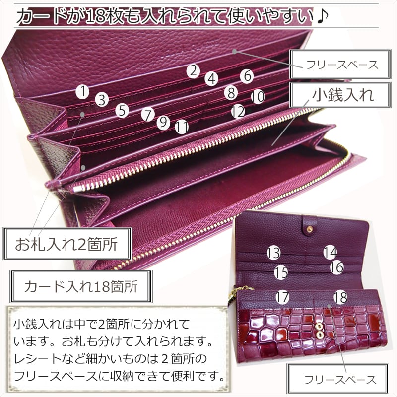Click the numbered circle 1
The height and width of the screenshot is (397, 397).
click(83, 91)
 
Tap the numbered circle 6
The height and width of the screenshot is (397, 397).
click(247, 76)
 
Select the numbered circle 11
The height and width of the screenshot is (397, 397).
click(182, 127)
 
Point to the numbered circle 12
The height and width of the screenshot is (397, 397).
click(238, 111)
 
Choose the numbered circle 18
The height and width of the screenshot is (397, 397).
click(340, 297)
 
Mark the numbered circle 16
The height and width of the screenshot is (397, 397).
click(336, 267)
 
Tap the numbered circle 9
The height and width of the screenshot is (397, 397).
click(163, 121)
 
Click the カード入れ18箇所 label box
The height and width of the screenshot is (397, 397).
click(81, 287)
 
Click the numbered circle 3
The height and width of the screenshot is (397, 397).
click(101, 100)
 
